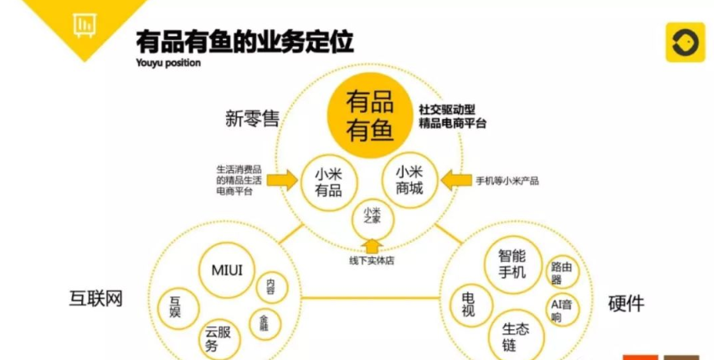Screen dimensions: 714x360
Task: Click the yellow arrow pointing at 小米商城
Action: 456,181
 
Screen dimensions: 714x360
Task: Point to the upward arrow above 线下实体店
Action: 372,247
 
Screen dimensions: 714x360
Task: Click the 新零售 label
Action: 252,120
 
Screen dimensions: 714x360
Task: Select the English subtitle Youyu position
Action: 168,63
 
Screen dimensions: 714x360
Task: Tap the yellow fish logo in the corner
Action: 685,42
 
